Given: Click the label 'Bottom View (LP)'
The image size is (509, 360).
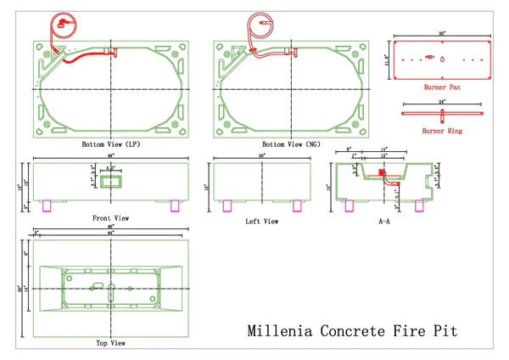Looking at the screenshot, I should click(109, 145).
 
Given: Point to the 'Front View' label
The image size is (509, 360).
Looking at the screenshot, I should click(109, 218).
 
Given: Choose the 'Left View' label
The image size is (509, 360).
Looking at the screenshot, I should click(261, 222).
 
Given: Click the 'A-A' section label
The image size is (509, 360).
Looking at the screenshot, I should click(383, 222).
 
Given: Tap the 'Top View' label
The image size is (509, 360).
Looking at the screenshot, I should click(110, 343).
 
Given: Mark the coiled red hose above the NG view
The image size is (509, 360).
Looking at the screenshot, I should click(259, 24).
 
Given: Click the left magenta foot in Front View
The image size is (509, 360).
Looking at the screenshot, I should click(48, 205).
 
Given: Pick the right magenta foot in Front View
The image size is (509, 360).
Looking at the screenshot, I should click(175, 205).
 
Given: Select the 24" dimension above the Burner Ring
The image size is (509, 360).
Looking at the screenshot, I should click(442, 102).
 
